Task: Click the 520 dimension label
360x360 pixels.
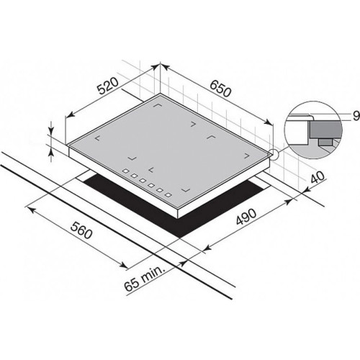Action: point(108,86)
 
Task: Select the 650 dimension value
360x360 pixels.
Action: point(220,88)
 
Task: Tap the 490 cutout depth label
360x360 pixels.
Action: point(247,216)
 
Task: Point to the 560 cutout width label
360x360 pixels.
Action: point(81,230)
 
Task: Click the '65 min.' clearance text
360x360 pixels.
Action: point(145,278)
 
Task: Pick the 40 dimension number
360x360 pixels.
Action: point(318,178)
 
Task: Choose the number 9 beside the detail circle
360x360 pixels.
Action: point(356,116)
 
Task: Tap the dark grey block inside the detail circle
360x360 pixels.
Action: point(325,130)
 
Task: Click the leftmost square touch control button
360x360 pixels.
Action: point(126,171)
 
